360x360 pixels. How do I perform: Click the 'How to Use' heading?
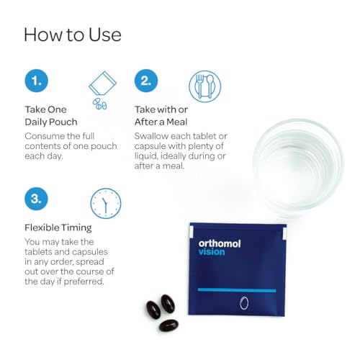tap(73, 34)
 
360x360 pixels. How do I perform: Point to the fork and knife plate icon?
tap(205, 86)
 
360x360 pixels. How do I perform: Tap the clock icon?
tap(105, 204)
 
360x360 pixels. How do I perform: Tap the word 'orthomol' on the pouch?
tap(220, 243)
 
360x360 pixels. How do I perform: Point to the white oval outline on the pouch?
tap(244, 302)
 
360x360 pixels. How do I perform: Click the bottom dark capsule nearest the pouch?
tap(168, 324)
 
